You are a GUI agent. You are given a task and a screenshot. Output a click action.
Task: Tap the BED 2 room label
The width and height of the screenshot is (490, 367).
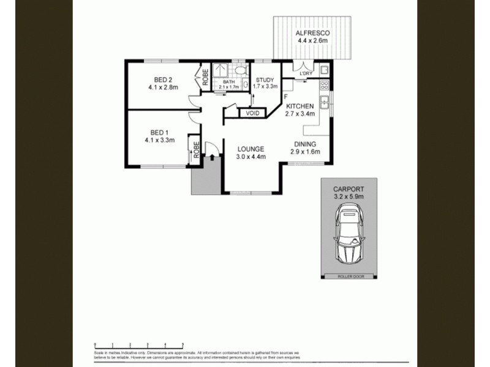162,79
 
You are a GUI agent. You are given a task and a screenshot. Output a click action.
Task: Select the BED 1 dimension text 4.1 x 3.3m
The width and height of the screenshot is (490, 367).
160,140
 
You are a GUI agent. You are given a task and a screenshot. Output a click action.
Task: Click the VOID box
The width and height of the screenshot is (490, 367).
252,114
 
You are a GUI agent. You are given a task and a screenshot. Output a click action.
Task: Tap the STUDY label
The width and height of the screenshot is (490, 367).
265,80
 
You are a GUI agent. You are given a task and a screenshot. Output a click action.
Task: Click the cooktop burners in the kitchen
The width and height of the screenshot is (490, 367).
325,85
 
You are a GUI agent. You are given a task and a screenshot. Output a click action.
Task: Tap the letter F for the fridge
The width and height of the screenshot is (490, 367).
286,97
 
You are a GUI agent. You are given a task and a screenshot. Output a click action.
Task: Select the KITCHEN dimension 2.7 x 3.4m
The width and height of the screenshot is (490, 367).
300,114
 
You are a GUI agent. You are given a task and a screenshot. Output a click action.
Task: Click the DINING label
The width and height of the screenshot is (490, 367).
304,144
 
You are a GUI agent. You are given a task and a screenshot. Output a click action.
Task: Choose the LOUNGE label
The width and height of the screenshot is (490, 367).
250,149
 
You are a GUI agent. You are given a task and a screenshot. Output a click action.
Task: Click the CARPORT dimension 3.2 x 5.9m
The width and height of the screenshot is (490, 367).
349,197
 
